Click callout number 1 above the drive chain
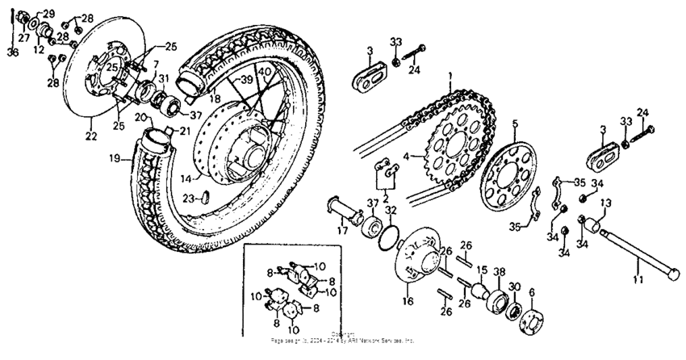(450, 73)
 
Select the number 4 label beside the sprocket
(408, 157)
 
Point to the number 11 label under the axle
(638, 280)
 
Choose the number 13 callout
(604, 203)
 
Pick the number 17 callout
(342, 230)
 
